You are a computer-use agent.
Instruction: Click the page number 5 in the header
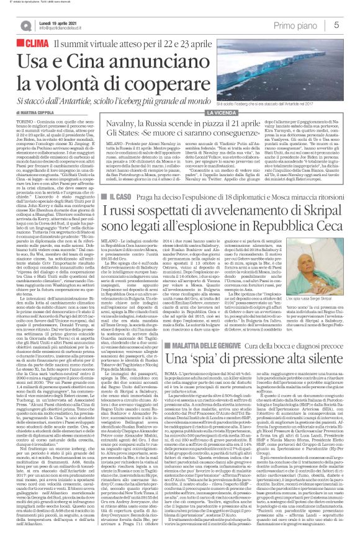click(352, 24)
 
